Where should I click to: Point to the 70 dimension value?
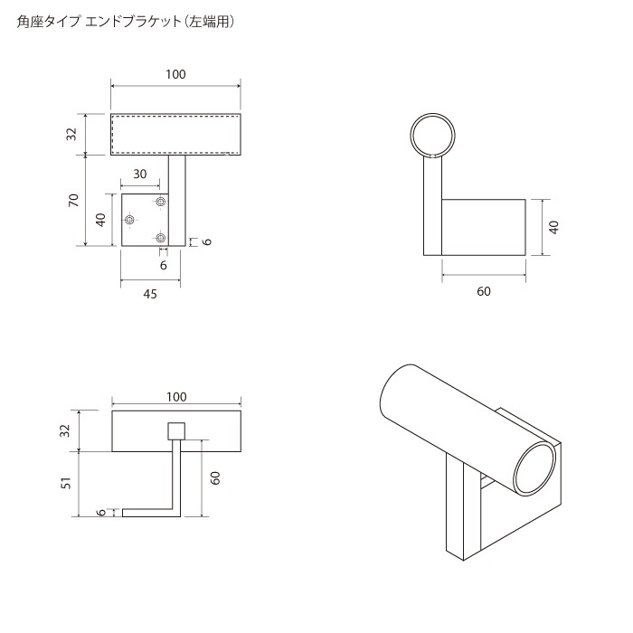(72, 200)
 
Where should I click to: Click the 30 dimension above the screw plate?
(140, 175)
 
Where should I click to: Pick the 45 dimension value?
(149, 294)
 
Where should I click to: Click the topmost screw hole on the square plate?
(161, 201)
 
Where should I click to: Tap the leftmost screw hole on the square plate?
(130, 220)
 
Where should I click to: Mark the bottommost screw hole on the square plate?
(161, 238)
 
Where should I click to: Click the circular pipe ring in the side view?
(431, 136)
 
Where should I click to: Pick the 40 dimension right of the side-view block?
(553, 226)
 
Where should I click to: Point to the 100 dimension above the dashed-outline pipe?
(176, 74)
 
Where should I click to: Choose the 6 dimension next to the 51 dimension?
(100, 512)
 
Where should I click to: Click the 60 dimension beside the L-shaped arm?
(215, 478)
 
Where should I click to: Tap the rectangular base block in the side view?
(483, 226)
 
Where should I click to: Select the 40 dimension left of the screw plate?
(101, 219)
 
